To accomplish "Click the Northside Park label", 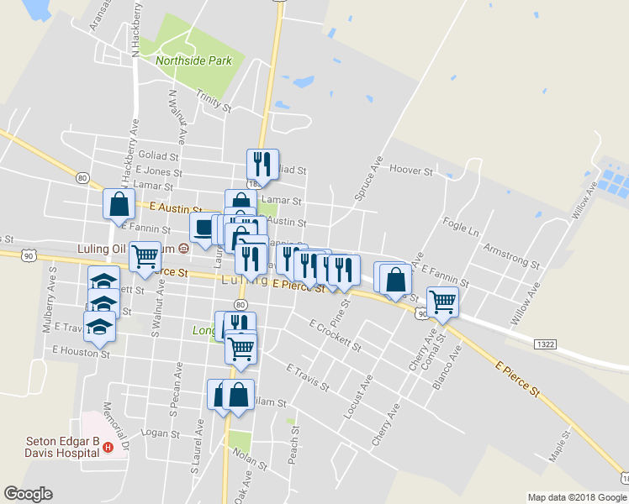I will coord(193,60).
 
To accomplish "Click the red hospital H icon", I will coord(108,449).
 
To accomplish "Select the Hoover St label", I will coord(411,170).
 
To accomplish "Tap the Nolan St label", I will coord(250,459).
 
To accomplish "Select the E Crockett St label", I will coord(334,334).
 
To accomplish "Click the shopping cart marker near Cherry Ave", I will coord(442,301).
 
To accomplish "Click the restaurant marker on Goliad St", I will coord(262,164).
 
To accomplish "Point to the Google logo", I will coord(29,494).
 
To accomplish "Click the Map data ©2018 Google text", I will coord(576,497).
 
